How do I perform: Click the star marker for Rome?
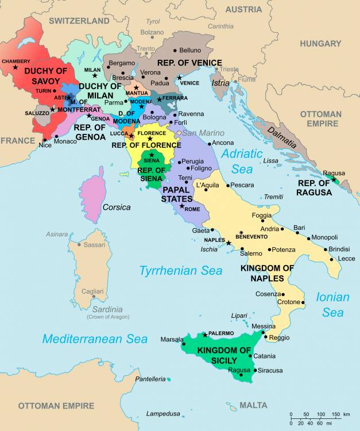coord(182,206)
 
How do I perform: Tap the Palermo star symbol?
coord(205,334)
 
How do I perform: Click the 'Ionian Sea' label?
coord(332,305)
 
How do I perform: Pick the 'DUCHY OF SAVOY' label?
coord(45,76)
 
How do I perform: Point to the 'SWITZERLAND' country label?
coord(79,21)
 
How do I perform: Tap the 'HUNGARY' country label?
coord(320,44)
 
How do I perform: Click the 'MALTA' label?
coord(253,405)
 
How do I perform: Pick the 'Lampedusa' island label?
coord(163,413)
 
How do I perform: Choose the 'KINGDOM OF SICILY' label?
coord(224,355)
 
